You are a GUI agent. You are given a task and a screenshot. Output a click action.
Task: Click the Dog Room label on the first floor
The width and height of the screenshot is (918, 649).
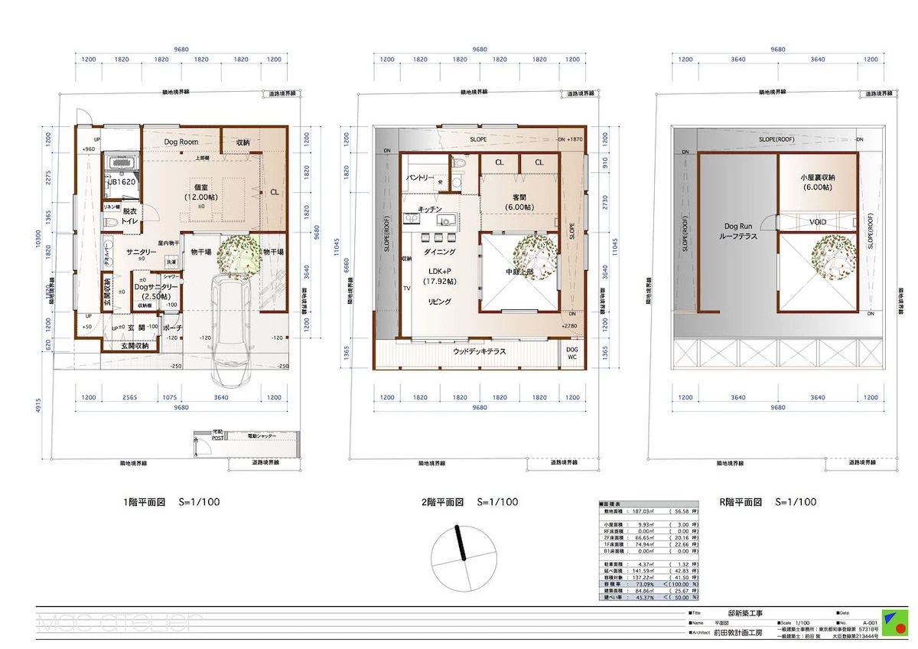pos(181,142)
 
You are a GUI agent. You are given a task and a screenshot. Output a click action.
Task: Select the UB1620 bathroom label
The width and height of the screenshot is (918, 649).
pos(122,183)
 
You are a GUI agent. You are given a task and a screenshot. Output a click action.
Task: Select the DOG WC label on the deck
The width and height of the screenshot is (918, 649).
pos(571,353)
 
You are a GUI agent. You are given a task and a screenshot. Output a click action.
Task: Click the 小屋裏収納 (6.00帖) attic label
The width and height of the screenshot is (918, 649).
pos(817,181)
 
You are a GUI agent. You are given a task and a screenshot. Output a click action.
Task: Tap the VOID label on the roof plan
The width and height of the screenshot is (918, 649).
pos(818,222)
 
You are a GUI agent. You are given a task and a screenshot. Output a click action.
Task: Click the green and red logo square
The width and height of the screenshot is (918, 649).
pos(895,622)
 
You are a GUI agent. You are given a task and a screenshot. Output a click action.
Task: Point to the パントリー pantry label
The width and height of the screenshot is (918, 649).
pos(416,178)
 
